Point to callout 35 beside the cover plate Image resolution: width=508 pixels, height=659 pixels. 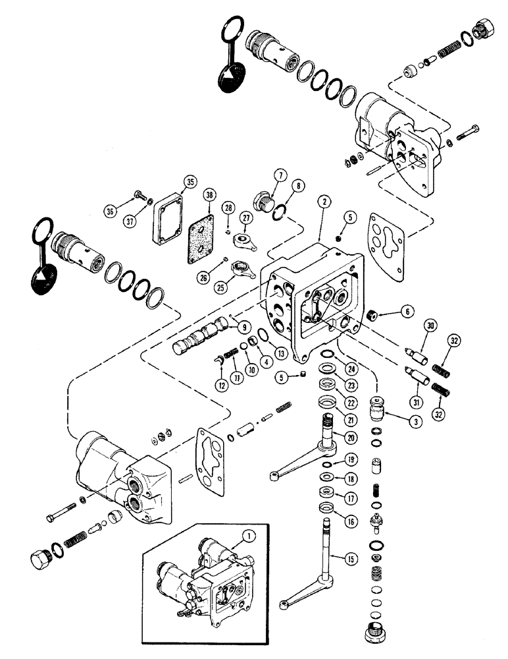(190, 183)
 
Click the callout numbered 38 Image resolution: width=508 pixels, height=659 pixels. (209, 195)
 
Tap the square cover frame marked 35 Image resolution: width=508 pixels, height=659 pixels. (170, 211)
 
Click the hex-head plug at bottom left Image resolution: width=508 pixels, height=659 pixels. (43, 562)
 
